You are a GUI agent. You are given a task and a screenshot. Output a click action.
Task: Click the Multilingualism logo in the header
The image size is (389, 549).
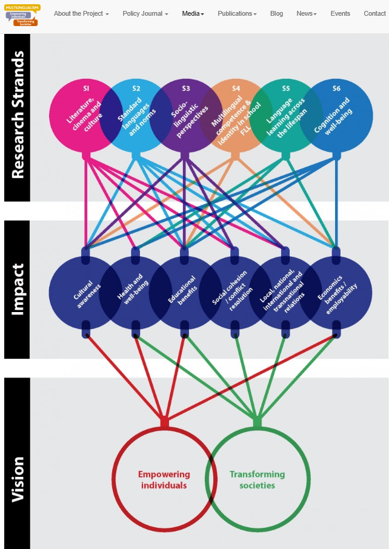[21, 15]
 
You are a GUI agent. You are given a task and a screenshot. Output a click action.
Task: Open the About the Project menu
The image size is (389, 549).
[81, 13]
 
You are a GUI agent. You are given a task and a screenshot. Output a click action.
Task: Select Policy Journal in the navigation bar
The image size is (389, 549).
[145, 13]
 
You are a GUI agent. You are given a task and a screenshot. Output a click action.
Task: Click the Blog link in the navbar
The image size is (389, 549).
[276, 13]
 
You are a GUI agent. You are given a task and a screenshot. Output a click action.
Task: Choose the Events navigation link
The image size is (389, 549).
[340, 13]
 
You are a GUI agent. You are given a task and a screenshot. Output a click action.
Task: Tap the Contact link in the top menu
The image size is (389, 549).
[374, 13]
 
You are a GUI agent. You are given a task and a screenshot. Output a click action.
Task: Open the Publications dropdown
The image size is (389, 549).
[237, 13]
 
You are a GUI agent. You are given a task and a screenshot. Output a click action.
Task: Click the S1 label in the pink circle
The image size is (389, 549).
[87, 88]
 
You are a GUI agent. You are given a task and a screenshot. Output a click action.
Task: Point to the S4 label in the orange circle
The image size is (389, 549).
[236, 88]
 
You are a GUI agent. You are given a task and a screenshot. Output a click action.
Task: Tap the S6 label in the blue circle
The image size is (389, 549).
[336, 88]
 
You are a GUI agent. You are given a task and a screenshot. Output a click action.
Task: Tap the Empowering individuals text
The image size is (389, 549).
[164, 480]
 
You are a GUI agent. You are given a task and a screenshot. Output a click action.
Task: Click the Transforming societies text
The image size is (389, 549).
[257, 480]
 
